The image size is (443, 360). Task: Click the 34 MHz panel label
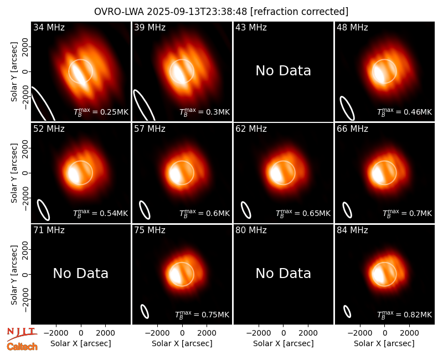click(x=49, y=27)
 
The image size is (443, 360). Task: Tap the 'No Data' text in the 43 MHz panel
click(x=284, y=71)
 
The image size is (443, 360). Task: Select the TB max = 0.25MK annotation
click(x=101, y=112)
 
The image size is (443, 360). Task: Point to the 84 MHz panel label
click(x=352, y=230)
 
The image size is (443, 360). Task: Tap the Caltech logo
click(x=22, y=347)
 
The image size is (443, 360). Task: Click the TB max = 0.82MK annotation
click(x=405, y=315)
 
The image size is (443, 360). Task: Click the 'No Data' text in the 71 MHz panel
click(x=81, y=274)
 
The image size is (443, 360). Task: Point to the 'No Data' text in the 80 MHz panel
click(x=284, y=274)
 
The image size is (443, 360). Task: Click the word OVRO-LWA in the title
click(x=119, y=12)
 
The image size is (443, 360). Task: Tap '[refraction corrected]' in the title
click(x=300, y=12)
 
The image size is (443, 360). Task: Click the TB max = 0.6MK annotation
click(x=205, y=213)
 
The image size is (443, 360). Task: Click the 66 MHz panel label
click(x=352, y=129)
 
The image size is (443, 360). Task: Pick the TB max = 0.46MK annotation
click(x=405, y=112)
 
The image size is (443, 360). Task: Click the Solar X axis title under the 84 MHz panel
click(x=384, y=343)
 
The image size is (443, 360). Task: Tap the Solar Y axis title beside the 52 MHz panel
click(x=14, y=173)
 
